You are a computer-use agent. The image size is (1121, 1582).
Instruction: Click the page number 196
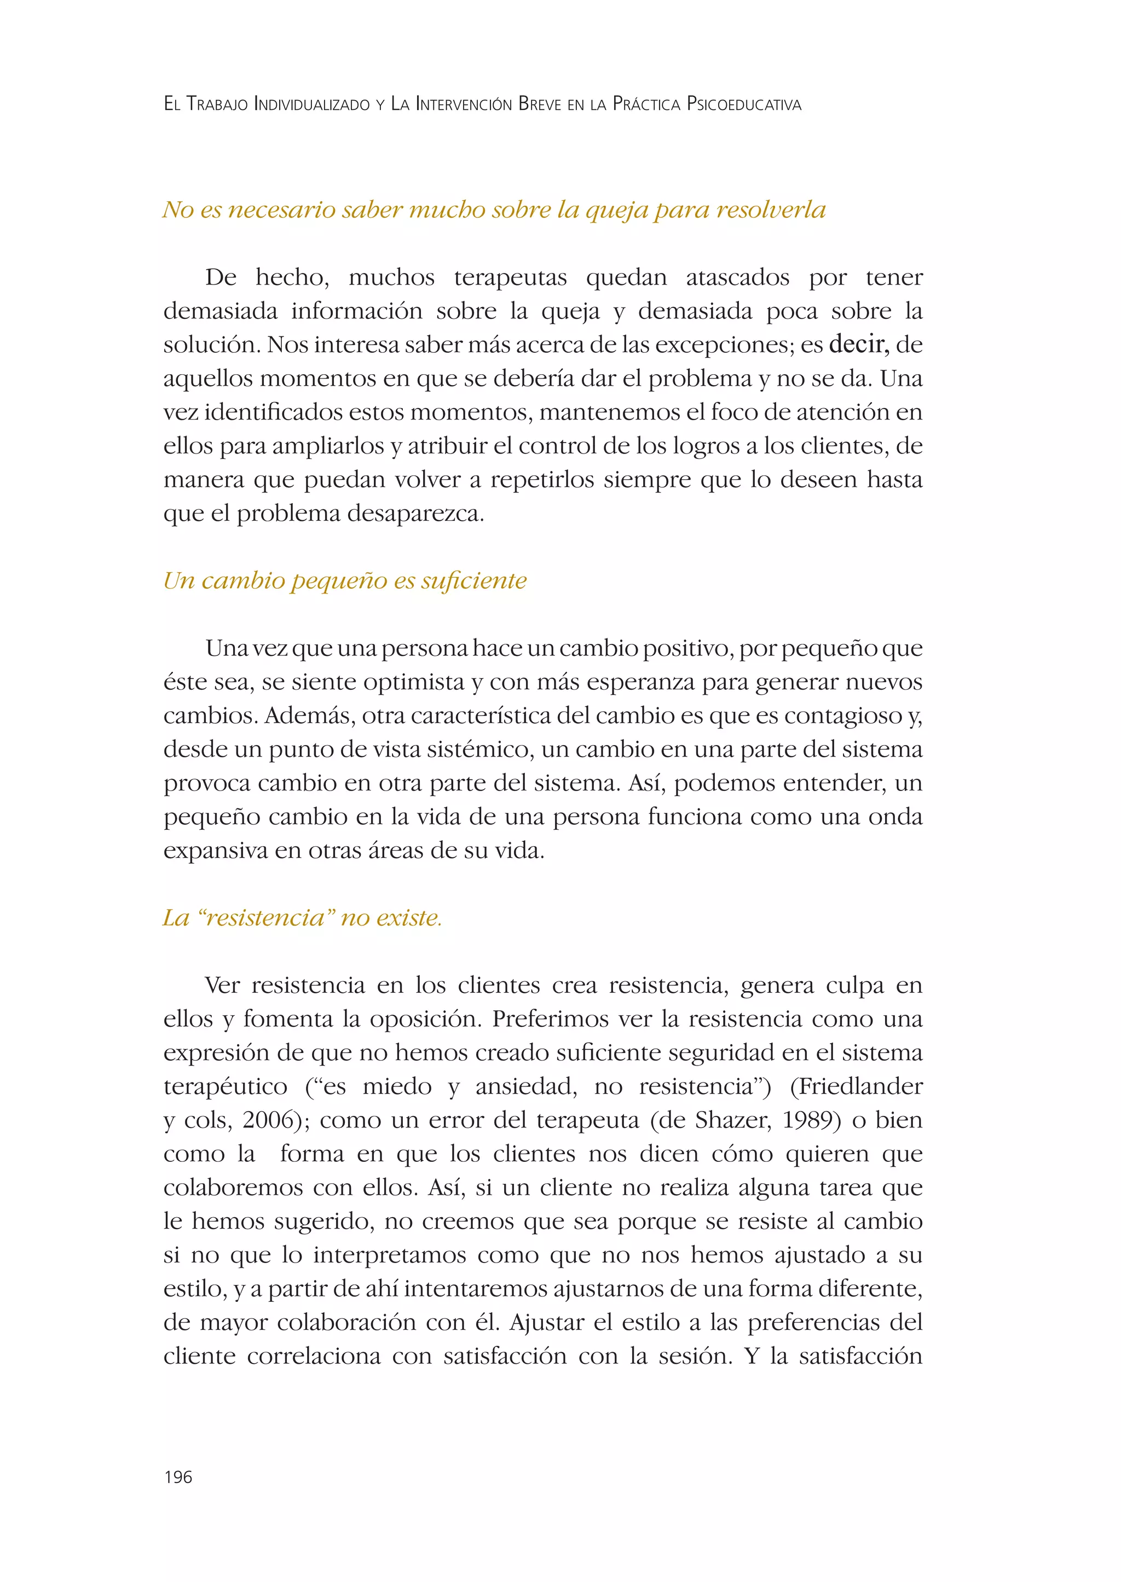coord(178,1477)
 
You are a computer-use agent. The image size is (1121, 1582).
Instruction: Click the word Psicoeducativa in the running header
coord(743,105)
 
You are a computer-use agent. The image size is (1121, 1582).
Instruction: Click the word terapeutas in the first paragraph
coord(510,278)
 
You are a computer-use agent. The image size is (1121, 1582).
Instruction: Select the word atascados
coord(737,278)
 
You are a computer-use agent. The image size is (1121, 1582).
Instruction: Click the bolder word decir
coord(858,344)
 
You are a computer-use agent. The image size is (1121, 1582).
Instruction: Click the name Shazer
coord(732,1121)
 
